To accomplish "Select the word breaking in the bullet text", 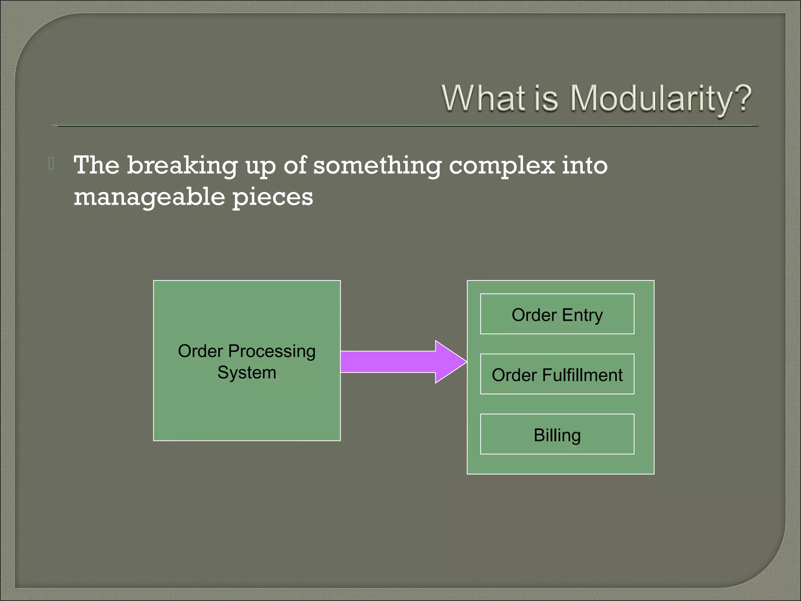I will point(182,166).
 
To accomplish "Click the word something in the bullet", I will point(377,166).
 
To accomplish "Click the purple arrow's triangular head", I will point(450,362).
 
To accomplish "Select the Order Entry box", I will point(557,314).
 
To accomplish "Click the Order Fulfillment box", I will point(557,374).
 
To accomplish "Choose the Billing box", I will point(557,434).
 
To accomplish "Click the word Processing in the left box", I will point(272,351).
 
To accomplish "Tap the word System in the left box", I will point(247,372).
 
